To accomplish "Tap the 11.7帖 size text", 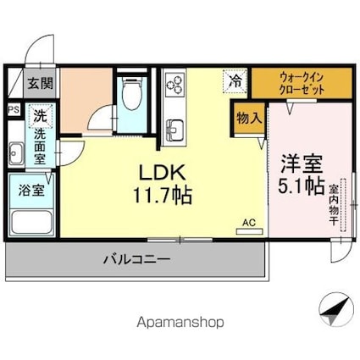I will (161, 196).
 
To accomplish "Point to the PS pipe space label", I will (13, 109).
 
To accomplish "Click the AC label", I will (249, 223).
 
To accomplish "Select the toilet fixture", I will (130, 95).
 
